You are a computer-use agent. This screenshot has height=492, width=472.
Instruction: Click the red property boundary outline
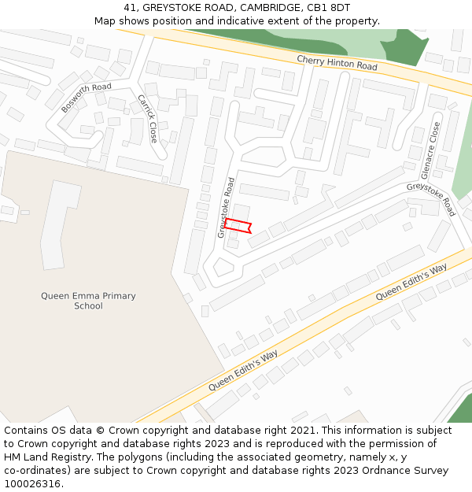(x=237, y=226)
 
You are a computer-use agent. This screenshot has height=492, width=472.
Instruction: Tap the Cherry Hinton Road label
(x=337, y=63)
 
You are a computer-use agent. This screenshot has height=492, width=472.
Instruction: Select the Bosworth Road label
(x=86, y=98)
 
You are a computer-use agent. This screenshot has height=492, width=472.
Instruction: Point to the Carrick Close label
(x=148, y=118)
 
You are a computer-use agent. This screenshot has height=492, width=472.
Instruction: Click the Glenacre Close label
(x=431, y=150)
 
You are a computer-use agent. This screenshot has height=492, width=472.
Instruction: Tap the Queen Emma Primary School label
(x=88, y=301)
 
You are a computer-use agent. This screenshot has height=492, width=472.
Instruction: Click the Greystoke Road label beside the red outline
(x=227, y=207)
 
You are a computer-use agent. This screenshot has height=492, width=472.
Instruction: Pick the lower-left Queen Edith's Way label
(x=244, y=372)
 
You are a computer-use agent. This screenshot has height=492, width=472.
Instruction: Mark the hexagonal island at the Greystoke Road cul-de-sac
(x=223, y=268)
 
